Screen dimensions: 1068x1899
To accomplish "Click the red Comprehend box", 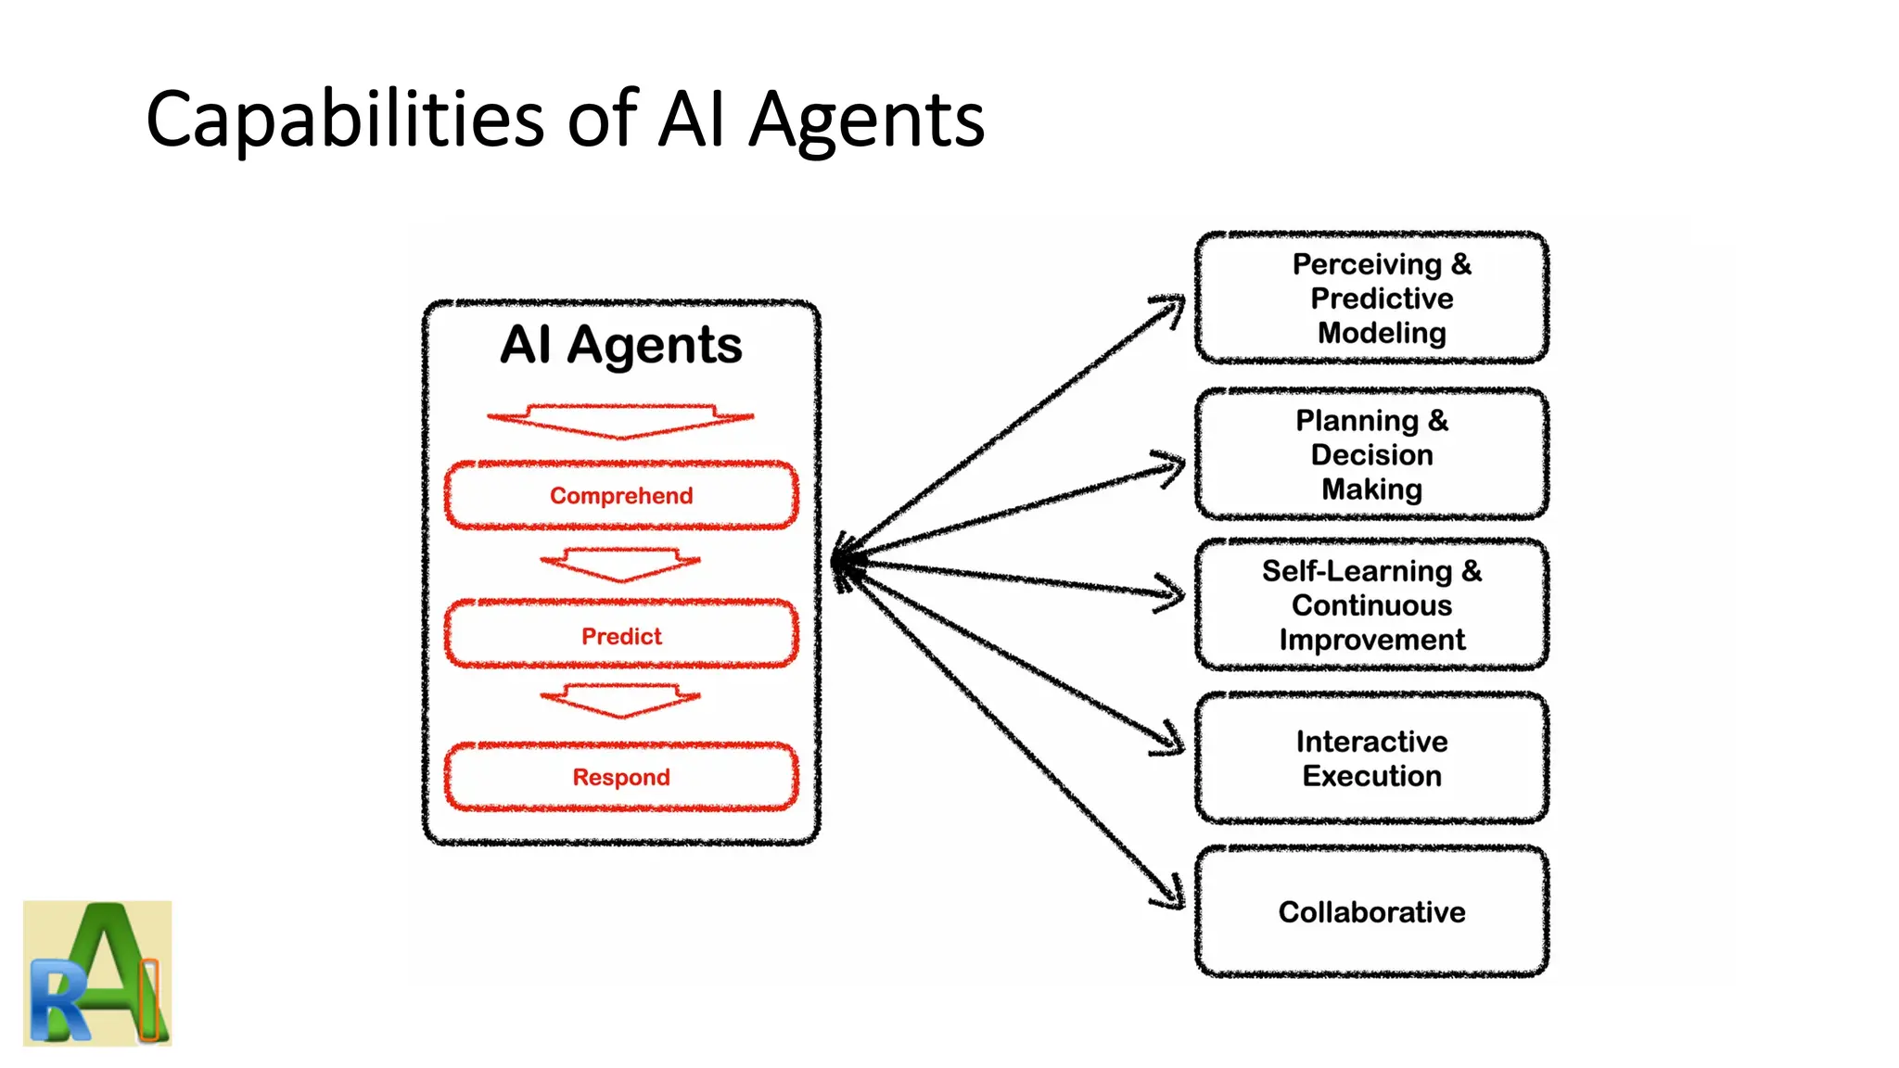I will pyautogui.click(x=621, y=496).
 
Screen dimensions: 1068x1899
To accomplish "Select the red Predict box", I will pyautogui.click(x=621, y=636).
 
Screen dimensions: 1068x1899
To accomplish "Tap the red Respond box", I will pyautogui.click(x=621, y=777).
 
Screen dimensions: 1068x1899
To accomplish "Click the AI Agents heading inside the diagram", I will pyautogui.click(x=621, y=345).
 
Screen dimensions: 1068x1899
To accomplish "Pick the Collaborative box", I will pyautogui.click(x=1371, y=911).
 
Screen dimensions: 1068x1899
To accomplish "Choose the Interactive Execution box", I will pyautogui.click(x=1371, y=758).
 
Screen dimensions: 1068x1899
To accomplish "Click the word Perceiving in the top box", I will pyautogui.click(x=1367, y=264).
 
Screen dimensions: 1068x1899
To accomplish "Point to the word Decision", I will pyautogui.click(x=1371, y=455).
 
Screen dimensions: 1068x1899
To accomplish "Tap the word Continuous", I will pyautogui.click(x=1371, y=605).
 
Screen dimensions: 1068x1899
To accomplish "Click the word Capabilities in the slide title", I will pyautogui.click(x=345, y=121).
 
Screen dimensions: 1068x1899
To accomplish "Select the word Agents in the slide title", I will pyautogui.click(x=866, y=121).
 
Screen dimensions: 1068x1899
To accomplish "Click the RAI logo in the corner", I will pyautogui.click(x=97, y=973).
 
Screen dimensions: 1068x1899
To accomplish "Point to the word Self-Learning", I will pyautogui.click(x=1357, y=571).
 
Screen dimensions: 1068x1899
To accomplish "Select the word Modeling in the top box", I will pyautogui.click(x=1381, y=333).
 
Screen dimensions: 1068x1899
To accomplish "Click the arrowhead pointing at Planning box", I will pyautogui.click(x=1173, y=464).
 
